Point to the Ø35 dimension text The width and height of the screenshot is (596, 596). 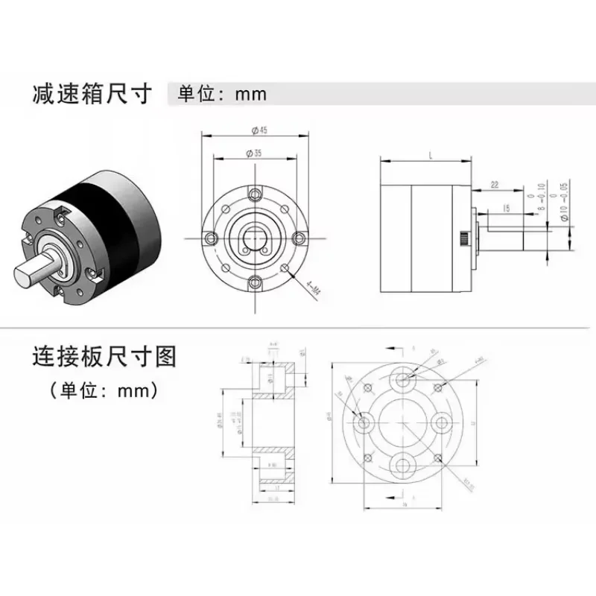point(257,153)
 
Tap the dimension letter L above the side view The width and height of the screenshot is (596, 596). point(432,153)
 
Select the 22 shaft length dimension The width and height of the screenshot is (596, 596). point(494,185)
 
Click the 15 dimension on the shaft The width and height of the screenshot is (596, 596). point(506,210)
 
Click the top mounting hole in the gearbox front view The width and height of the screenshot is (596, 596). point(256,194)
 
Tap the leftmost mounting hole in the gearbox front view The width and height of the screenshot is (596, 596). point(212,238)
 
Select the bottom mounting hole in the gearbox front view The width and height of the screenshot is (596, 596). point(256,281)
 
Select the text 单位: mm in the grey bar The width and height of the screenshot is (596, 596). point(221,95)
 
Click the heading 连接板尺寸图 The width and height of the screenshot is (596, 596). point(104,357)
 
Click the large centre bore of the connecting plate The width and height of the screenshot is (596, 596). point(403,422)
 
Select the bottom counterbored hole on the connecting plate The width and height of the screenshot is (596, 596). point(403,463)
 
